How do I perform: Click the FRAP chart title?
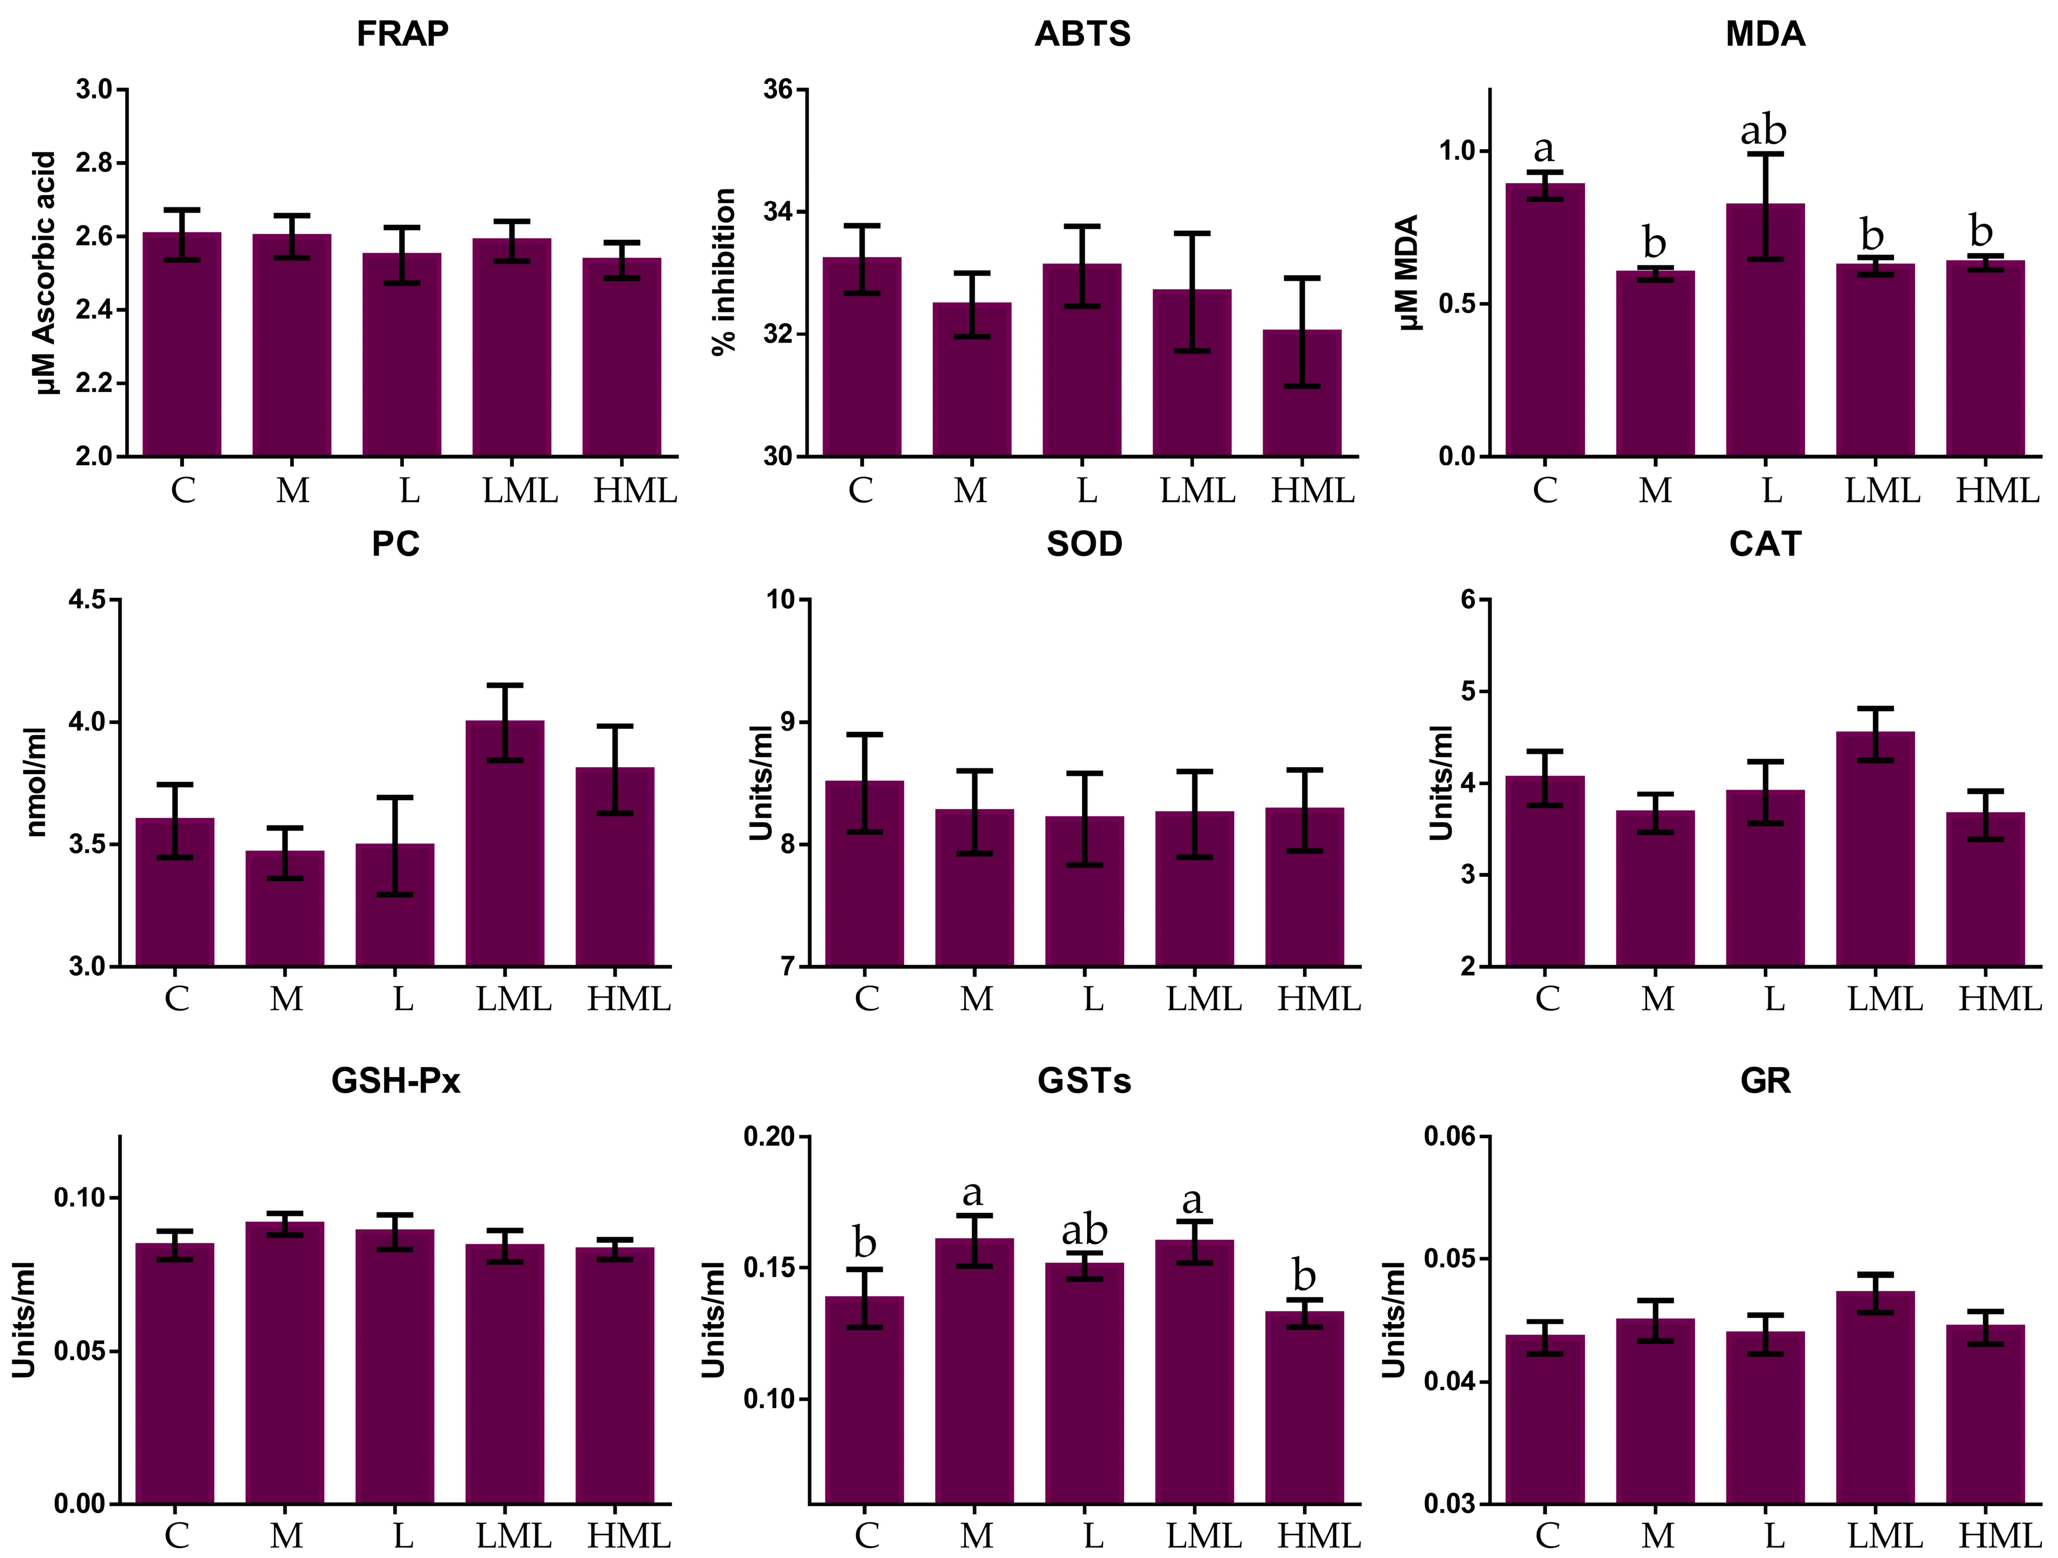402,34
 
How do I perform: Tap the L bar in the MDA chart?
1765,330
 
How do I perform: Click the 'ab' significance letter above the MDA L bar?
1763,130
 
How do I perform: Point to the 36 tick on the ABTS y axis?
778,90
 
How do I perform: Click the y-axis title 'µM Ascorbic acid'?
46,272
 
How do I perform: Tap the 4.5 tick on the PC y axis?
87,600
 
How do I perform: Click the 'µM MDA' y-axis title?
1409,272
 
